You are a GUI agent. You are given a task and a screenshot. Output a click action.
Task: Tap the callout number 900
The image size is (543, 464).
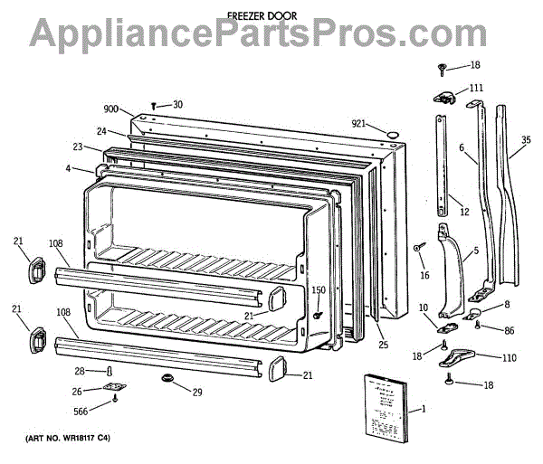111,109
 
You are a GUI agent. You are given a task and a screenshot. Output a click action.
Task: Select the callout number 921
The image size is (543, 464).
359,123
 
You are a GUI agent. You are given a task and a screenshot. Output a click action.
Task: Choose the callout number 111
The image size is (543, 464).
476,88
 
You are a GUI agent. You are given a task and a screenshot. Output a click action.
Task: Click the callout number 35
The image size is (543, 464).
527,140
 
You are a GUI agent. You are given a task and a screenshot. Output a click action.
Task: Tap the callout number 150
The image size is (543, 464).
318,289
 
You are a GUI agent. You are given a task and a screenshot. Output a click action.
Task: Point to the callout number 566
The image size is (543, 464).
82,410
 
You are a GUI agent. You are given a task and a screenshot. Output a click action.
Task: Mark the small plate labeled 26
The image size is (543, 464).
114,390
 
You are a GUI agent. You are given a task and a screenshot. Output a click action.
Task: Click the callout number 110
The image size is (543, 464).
510,357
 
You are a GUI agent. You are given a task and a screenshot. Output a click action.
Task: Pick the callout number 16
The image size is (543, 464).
425,276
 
